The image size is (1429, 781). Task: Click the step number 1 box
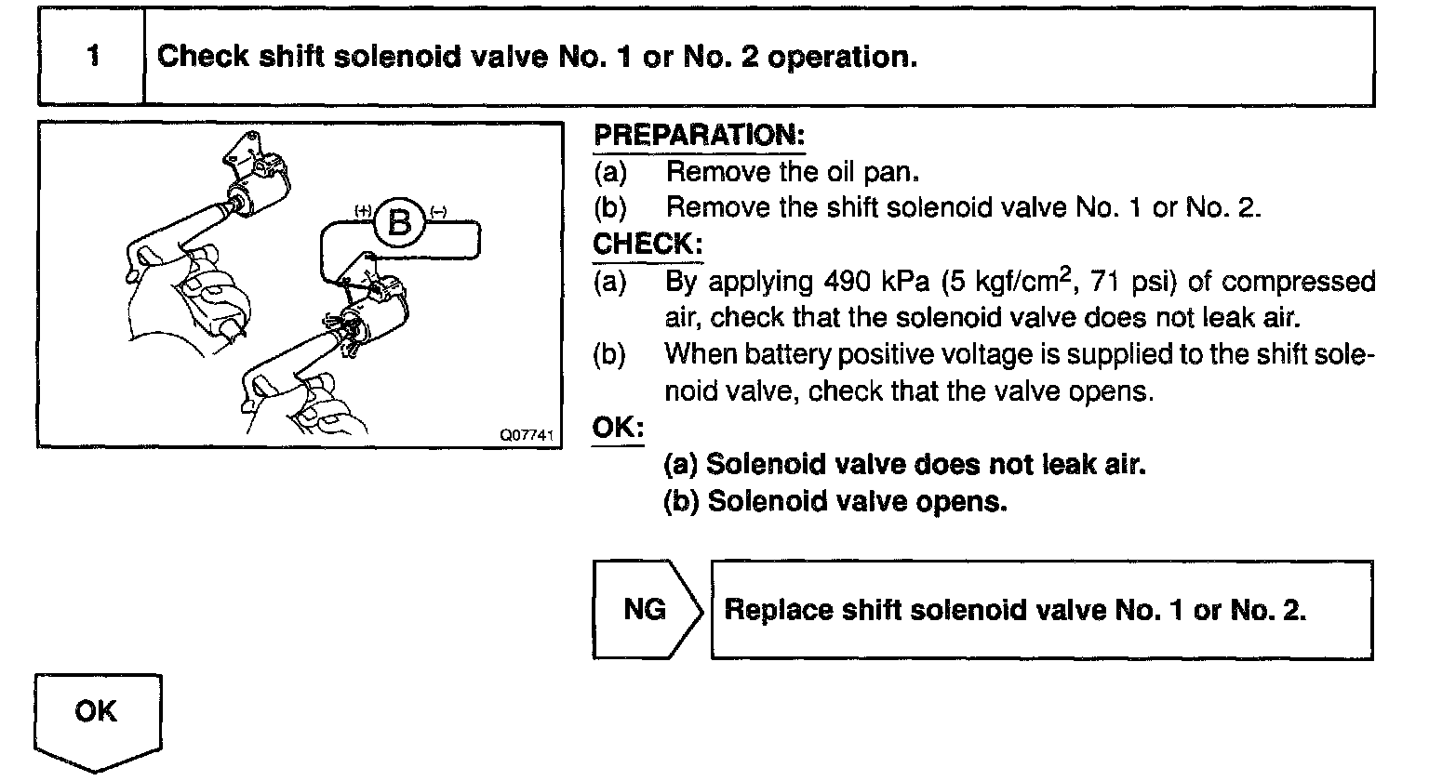tap(92, 57)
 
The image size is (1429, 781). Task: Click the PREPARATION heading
tap(699, 135)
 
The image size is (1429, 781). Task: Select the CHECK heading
tap(648, 245)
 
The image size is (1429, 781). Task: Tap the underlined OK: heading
tap(618, 428)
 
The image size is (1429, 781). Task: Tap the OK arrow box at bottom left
tap(97, 717)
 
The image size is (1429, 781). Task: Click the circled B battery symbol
tap(399, 223)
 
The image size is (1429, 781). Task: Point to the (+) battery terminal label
tap(363, 211)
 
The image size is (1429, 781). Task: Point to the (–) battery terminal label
tap(438, 211)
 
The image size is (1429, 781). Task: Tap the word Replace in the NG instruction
tap(777, 611)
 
